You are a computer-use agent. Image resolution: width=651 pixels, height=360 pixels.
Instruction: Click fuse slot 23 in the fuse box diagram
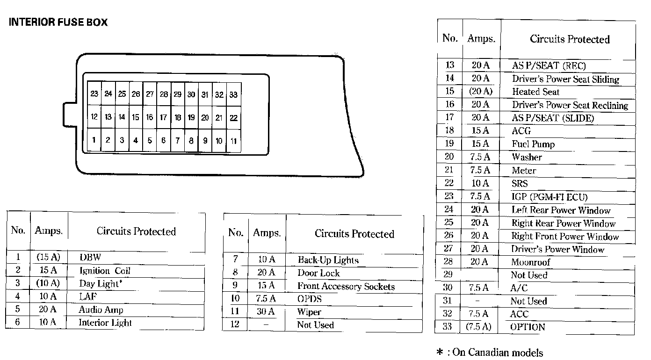click(94, 94)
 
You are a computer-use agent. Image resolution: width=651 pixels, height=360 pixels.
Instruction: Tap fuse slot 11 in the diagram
click(233, 141)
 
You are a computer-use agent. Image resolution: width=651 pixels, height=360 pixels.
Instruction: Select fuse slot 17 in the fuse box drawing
click(163, 118)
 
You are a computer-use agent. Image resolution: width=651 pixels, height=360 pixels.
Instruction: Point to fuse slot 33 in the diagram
click(233, 94)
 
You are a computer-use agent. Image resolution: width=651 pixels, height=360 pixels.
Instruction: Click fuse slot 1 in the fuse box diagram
click(94, 139)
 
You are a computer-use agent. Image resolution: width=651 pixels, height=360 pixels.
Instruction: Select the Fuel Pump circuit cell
click(533, 144)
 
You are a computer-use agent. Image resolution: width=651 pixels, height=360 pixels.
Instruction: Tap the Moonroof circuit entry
click(531, 262)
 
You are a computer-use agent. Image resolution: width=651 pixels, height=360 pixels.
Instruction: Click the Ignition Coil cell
click(105, 271)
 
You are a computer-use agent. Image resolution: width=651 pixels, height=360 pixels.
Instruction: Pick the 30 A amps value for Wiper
click(266, 312)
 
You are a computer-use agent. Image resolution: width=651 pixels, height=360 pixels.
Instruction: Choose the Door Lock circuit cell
click(318, 273)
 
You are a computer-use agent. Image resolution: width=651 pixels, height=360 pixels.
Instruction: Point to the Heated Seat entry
click(535, 92)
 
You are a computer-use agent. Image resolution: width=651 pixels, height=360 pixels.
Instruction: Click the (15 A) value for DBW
click(48, 257)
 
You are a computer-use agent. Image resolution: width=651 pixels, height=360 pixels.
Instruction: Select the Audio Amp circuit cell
click(101, 310)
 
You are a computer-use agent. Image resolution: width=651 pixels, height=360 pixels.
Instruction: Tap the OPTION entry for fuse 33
click(528, 327)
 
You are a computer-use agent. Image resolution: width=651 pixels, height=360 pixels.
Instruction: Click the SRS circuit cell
click(520, 184)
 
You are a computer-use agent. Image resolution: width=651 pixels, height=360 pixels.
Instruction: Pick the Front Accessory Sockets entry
click(346, 287)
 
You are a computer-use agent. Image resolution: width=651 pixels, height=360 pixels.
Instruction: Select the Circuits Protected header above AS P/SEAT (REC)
click(570, 39)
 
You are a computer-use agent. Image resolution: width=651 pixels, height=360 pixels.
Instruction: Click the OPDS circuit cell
click(310, 299)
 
